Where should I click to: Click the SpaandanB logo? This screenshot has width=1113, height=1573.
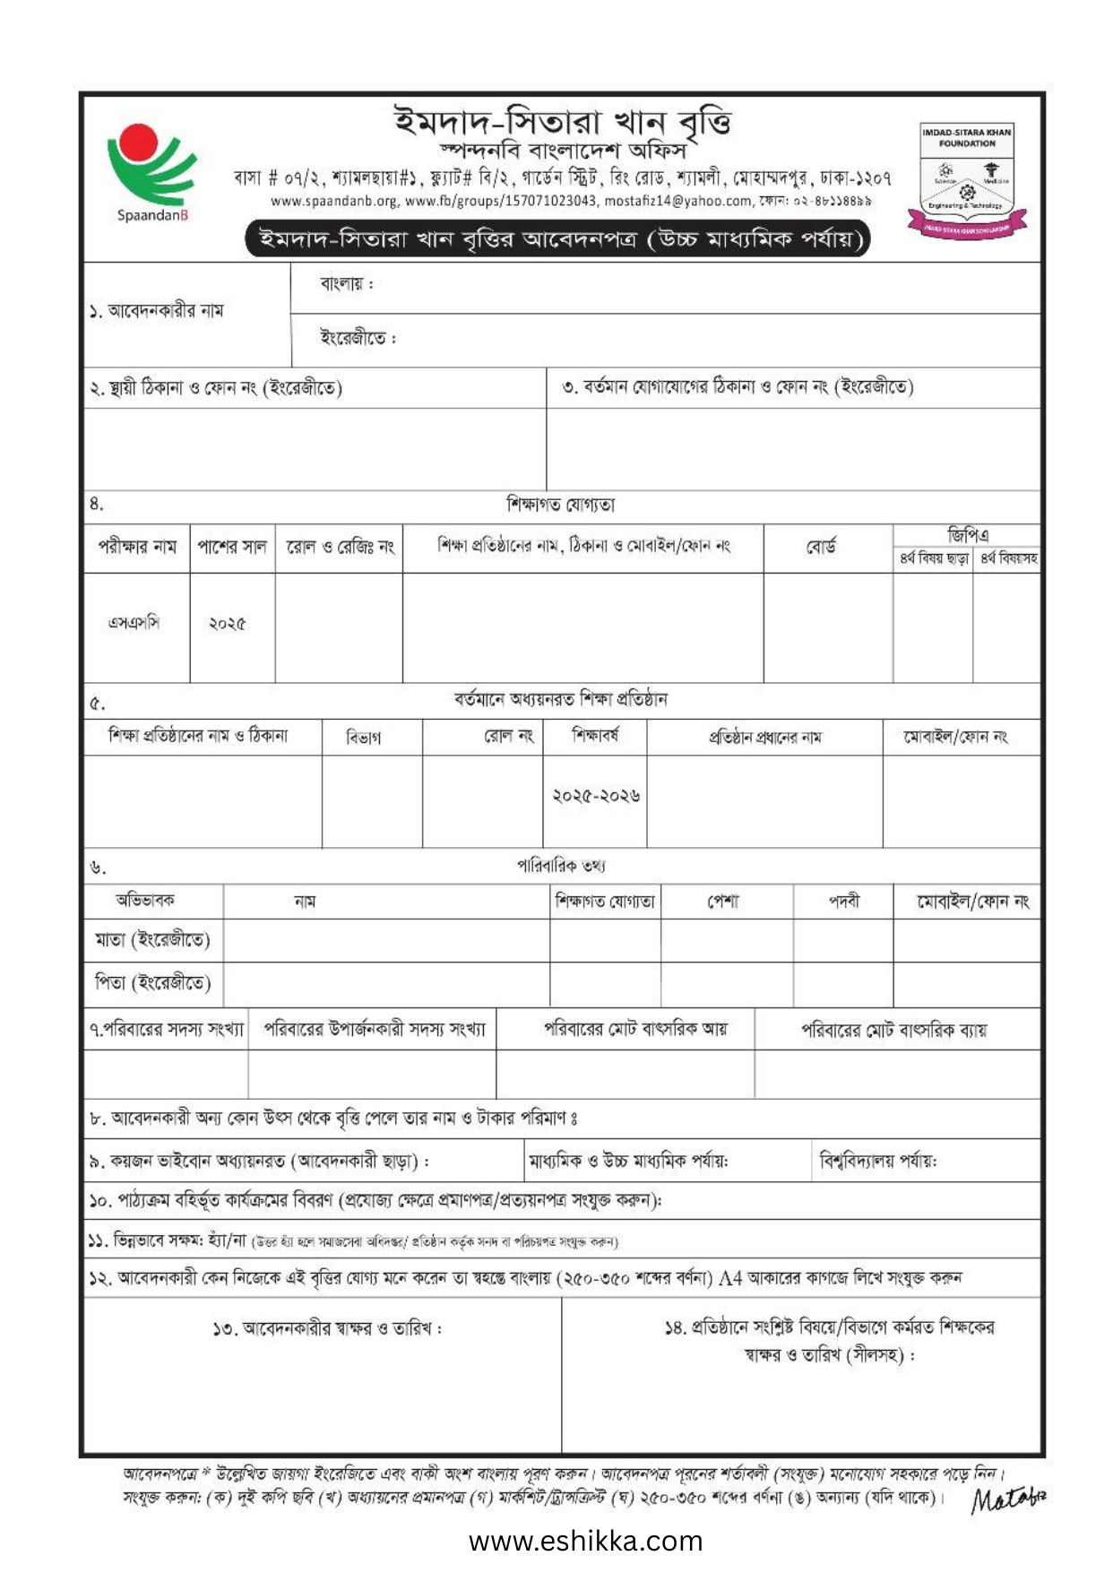[151, 172]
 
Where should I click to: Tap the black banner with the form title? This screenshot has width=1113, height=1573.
[557, 239]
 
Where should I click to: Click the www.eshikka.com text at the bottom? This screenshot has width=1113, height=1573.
[585, 1541]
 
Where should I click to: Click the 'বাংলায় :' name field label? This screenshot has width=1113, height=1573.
[346, 284]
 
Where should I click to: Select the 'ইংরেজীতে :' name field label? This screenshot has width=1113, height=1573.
[357, 338]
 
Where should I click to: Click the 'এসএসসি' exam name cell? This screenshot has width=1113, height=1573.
[134, 623]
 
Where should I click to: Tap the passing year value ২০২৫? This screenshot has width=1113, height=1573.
[228, 624]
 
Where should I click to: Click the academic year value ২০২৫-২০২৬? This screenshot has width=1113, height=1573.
[596, 796]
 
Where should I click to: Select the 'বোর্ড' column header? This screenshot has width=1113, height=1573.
[821, 547]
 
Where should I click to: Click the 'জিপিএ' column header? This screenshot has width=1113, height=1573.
[968, 536]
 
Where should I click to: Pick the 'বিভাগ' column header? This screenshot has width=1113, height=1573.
[364, 738]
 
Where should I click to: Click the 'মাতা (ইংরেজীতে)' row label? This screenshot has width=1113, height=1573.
[152, 940]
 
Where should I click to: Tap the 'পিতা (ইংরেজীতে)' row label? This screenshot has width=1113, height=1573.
[152, 983]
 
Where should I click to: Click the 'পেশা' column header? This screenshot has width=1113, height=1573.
[723, 902]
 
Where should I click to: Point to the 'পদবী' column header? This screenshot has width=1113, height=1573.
[843, 902]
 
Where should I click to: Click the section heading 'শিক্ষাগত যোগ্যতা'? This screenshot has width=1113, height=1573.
[561, 506]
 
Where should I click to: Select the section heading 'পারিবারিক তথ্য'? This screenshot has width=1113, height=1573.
[561, 866]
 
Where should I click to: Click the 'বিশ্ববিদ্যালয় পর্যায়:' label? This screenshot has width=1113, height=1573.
[878, 1162]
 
